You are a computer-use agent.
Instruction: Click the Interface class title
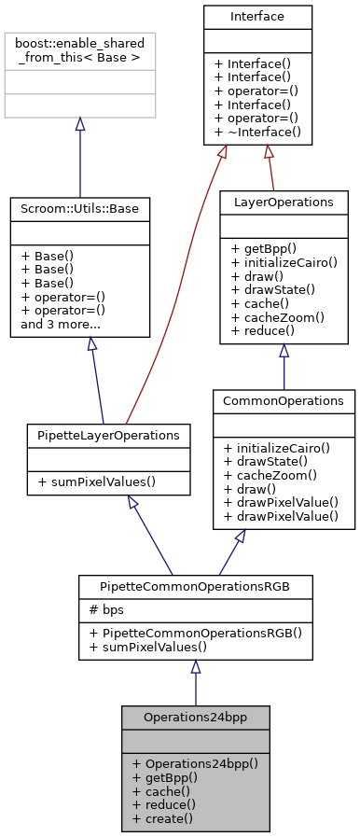pos(257,17)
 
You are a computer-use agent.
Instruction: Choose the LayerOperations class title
pos(283,202)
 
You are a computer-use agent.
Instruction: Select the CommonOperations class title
pos(284,400)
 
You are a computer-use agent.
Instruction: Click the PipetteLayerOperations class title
pos(109,435)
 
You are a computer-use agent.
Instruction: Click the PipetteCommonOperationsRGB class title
pos(195,586)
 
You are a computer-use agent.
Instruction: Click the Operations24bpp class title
pos(195,717)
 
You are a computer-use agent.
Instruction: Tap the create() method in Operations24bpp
pos(162,818)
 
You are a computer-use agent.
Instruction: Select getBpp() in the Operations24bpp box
pos(165,777)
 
